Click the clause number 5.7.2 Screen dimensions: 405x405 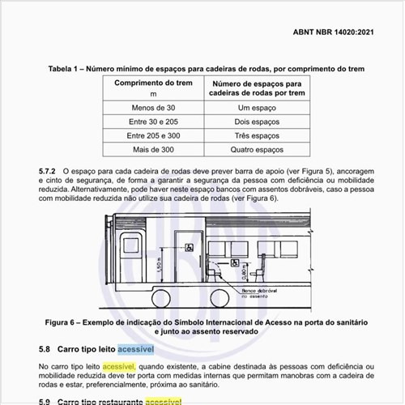click(48, 173)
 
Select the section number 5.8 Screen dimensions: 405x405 click(45, 349)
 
